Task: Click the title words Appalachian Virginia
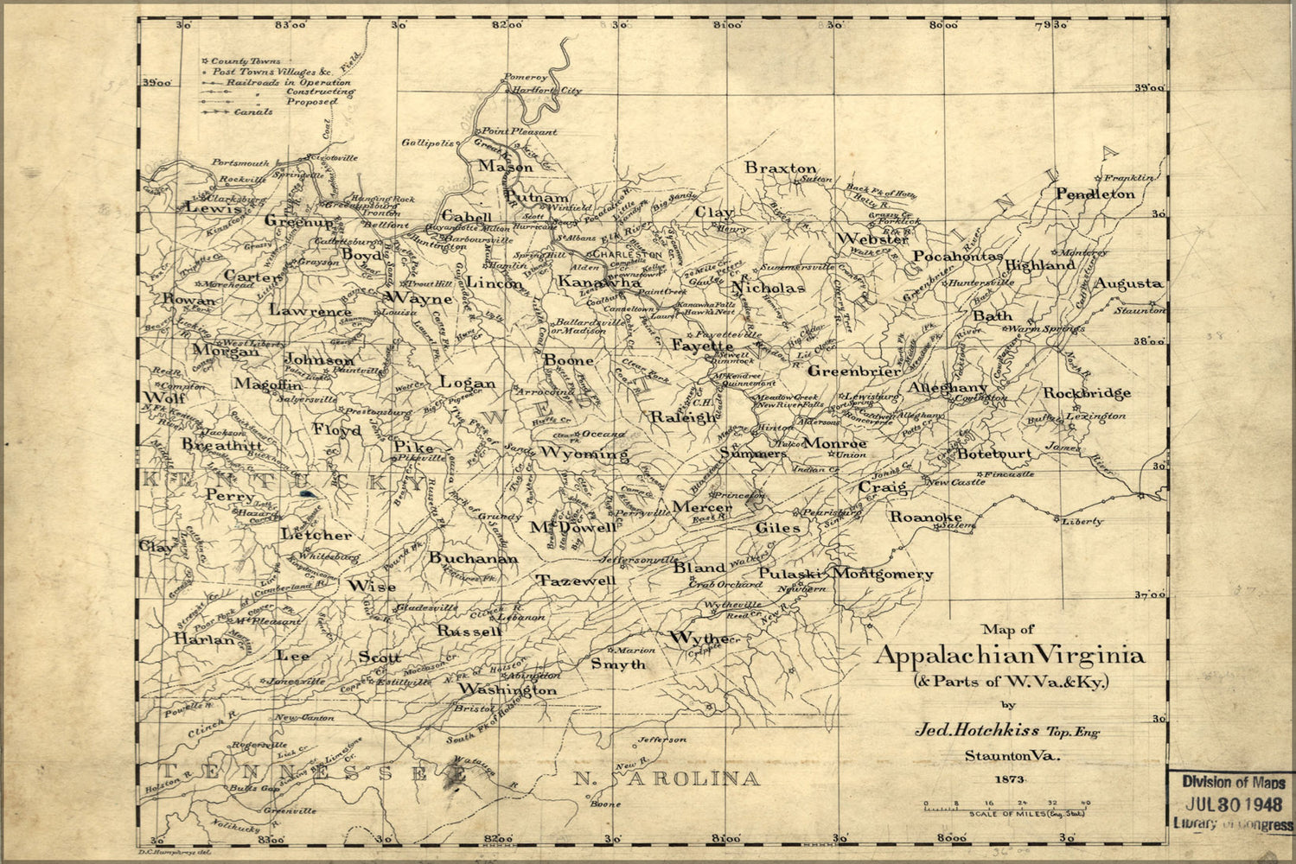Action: [1009, 656]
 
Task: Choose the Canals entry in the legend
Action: [252, 111]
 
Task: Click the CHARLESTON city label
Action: [624, 256]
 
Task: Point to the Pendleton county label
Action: [1095, 194]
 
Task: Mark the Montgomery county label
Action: [883, 574]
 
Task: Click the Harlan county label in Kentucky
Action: [204, 640]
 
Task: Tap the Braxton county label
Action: [781, 168]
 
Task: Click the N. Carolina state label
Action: [667, 779]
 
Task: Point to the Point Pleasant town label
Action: [519, 132]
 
